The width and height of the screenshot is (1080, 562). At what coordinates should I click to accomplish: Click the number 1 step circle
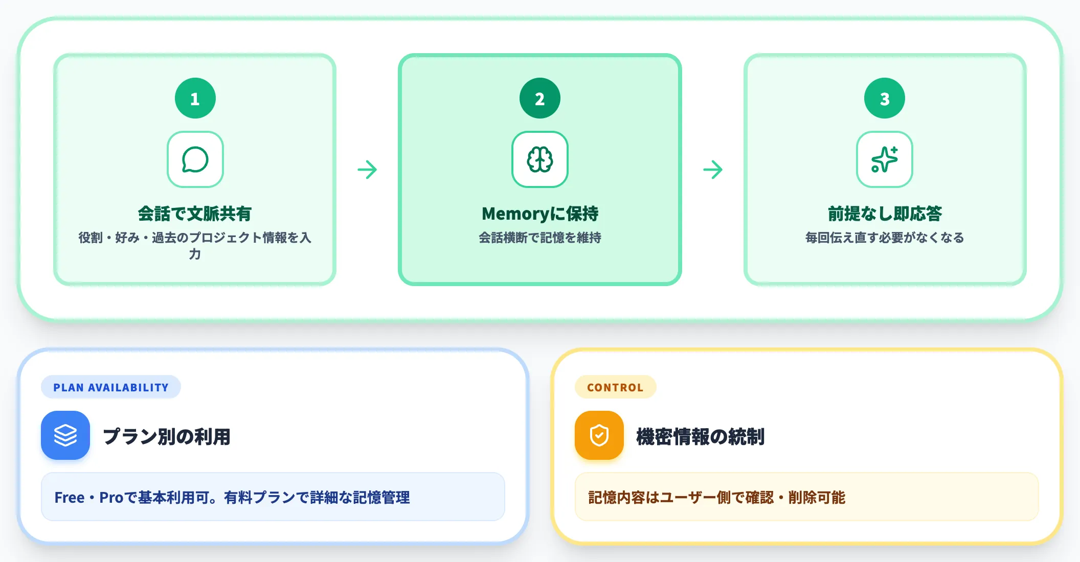click(x=195, y=98)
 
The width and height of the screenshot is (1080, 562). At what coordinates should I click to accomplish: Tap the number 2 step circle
click(x=539, y=98)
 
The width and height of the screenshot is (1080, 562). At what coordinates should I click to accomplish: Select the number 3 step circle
click(x=884, y=98)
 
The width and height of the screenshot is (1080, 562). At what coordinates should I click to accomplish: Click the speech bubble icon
click(x=195, y=159)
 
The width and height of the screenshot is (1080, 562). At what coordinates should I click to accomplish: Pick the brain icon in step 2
click(x=539, y=159)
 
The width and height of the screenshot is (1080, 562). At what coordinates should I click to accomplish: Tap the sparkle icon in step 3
click(x=884, y=159)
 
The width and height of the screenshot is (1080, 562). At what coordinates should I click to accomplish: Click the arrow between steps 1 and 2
click(x=367, y=170)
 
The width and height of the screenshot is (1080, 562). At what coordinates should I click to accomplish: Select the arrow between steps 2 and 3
click(x=713, y=170)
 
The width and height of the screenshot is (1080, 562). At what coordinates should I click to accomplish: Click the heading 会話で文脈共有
click(x=195, y=214)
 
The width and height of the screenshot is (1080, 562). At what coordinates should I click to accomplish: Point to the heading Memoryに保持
click(x=540, y=214)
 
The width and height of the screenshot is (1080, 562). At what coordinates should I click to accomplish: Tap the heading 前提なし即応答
click(x=885, y=214)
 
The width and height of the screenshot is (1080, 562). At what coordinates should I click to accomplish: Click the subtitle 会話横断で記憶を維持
click(x=540, y=238)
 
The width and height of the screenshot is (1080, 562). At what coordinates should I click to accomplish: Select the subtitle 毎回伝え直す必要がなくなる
click(x=885, y=238)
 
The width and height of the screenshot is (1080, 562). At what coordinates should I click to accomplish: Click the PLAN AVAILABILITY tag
click(x=111, y=387)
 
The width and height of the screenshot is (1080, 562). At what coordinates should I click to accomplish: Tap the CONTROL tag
click(x=615, y=387)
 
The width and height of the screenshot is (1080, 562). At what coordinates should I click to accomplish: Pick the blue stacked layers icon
click(x=65, y=435)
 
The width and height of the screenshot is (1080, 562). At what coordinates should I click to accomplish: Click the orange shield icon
click(x=599, y=435)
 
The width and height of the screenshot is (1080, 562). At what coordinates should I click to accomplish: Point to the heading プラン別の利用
click(x=167, y=437)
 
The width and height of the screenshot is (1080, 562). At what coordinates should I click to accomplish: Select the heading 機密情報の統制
click(x=701, y=437)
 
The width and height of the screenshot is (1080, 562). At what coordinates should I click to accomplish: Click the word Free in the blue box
click(x=70, y=498)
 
